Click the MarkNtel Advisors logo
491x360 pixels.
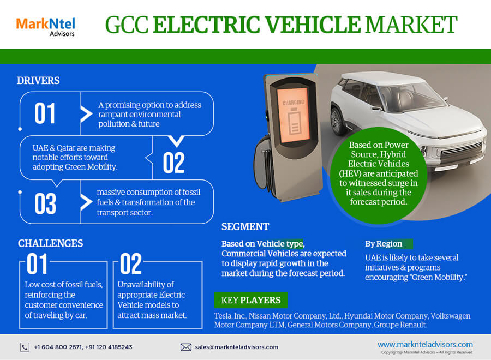pos(45,27)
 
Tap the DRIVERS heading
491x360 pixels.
pos(38,80)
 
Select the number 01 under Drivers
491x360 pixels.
pos(45,113)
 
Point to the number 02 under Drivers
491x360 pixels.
pos(174,163)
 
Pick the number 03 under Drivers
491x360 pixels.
pos(45,203)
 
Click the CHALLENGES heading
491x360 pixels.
pos(50,243)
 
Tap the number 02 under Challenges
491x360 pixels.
pos(131,263)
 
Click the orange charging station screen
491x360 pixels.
pos(294,115)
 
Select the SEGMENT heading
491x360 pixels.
pos(245,226)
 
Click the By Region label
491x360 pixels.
pos(384,244)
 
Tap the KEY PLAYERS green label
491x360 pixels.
pos(251,300)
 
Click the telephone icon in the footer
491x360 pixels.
pos(25,347)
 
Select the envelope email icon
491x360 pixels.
pos(185,347)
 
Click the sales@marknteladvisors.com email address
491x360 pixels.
pos(236,347)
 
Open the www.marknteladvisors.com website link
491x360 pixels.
pos(425,344)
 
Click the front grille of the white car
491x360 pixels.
pos(461,149)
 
